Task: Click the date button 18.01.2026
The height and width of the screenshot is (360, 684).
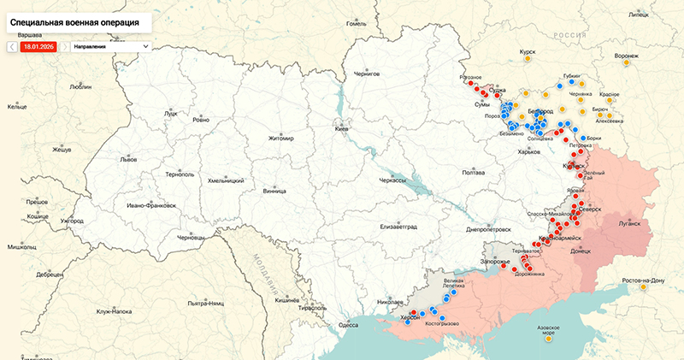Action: [x=38, y=46]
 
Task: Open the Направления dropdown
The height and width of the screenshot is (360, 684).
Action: [x=110, y=46]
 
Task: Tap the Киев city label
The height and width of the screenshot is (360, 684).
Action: [x=341, y=128]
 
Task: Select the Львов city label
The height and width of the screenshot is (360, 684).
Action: [x=128, y=160]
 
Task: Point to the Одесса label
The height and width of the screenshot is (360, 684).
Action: [x=348, y=325]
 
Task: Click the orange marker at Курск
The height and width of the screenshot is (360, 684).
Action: [x=528, y=60]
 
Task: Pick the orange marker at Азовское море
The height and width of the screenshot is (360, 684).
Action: [x=547, y=339]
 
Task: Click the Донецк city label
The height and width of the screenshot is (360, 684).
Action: [x=581, y=251]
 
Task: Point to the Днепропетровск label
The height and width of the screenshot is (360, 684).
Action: [x=488, y=229]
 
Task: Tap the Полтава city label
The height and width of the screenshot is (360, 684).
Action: [x=473, y=173]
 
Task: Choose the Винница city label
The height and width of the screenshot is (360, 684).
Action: [x=275, y=191]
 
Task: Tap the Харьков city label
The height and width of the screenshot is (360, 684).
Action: [x=529, y=152]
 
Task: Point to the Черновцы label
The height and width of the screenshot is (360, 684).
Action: [x=191, y=237]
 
